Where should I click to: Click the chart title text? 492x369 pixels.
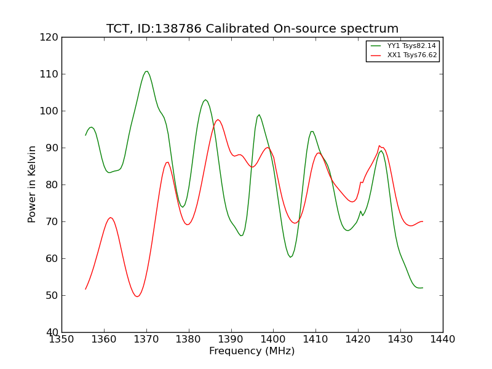point(252,29)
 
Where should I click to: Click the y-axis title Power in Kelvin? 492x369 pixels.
point(33,184)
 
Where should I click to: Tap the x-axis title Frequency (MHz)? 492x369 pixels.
point(252,351)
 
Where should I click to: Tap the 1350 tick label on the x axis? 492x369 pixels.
point(61,339)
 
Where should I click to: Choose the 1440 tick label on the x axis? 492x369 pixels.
point(442,339)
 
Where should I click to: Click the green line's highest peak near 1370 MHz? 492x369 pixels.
point(146,71)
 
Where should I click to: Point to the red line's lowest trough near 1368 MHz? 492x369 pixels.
point(137,296)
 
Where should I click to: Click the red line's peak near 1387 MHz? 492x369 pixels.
point(218,120)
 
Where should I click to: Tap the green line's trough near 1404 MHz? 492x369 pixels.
point(290,257)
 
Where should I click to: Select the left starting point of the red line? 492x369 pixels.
point(85,289)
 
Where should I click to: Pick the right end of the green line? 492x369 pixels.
point(423,288)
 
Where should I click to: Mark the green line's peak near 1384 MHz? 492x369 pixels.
point(205,100)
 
